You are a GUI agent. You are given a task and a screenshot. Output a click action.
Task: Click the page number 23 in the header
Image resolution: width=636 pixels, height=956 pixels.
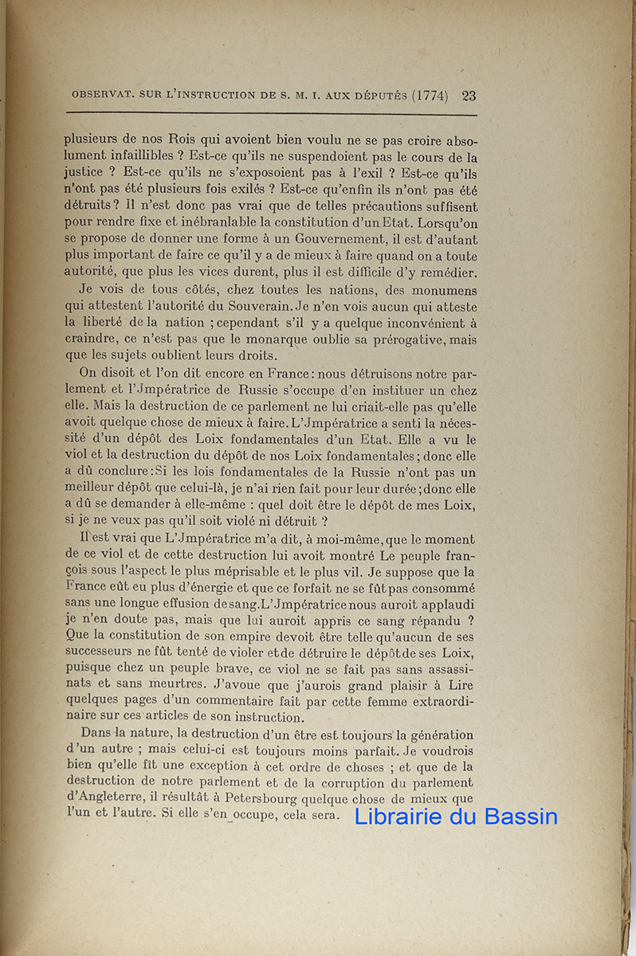click(x=469, y=96)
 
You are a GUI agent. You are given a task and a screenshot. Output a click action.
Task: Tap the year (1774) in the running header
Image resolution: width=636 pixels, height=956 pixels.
click(x=430, y=96)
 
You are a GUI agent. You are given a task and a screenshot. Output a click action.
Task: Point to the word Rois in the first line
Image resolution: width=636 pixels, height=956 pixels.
click(x=188, y=137)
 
